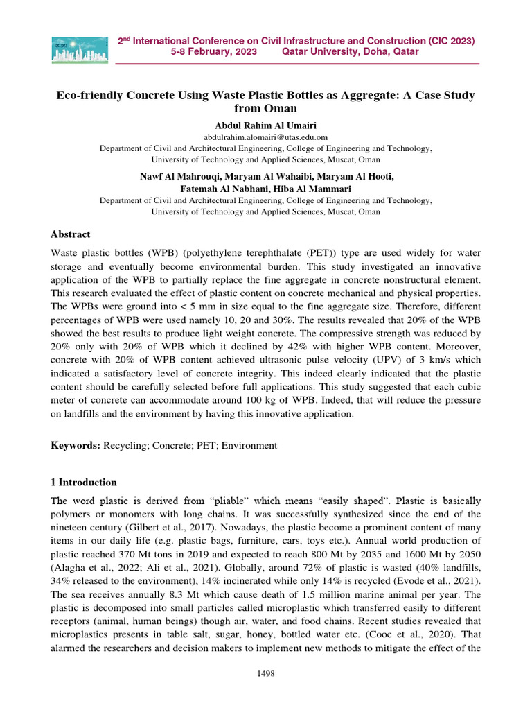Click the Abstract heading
click(71, 234)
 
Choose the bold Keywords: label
click(77, 445)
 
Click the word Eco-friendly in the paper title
click(91, 95)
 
